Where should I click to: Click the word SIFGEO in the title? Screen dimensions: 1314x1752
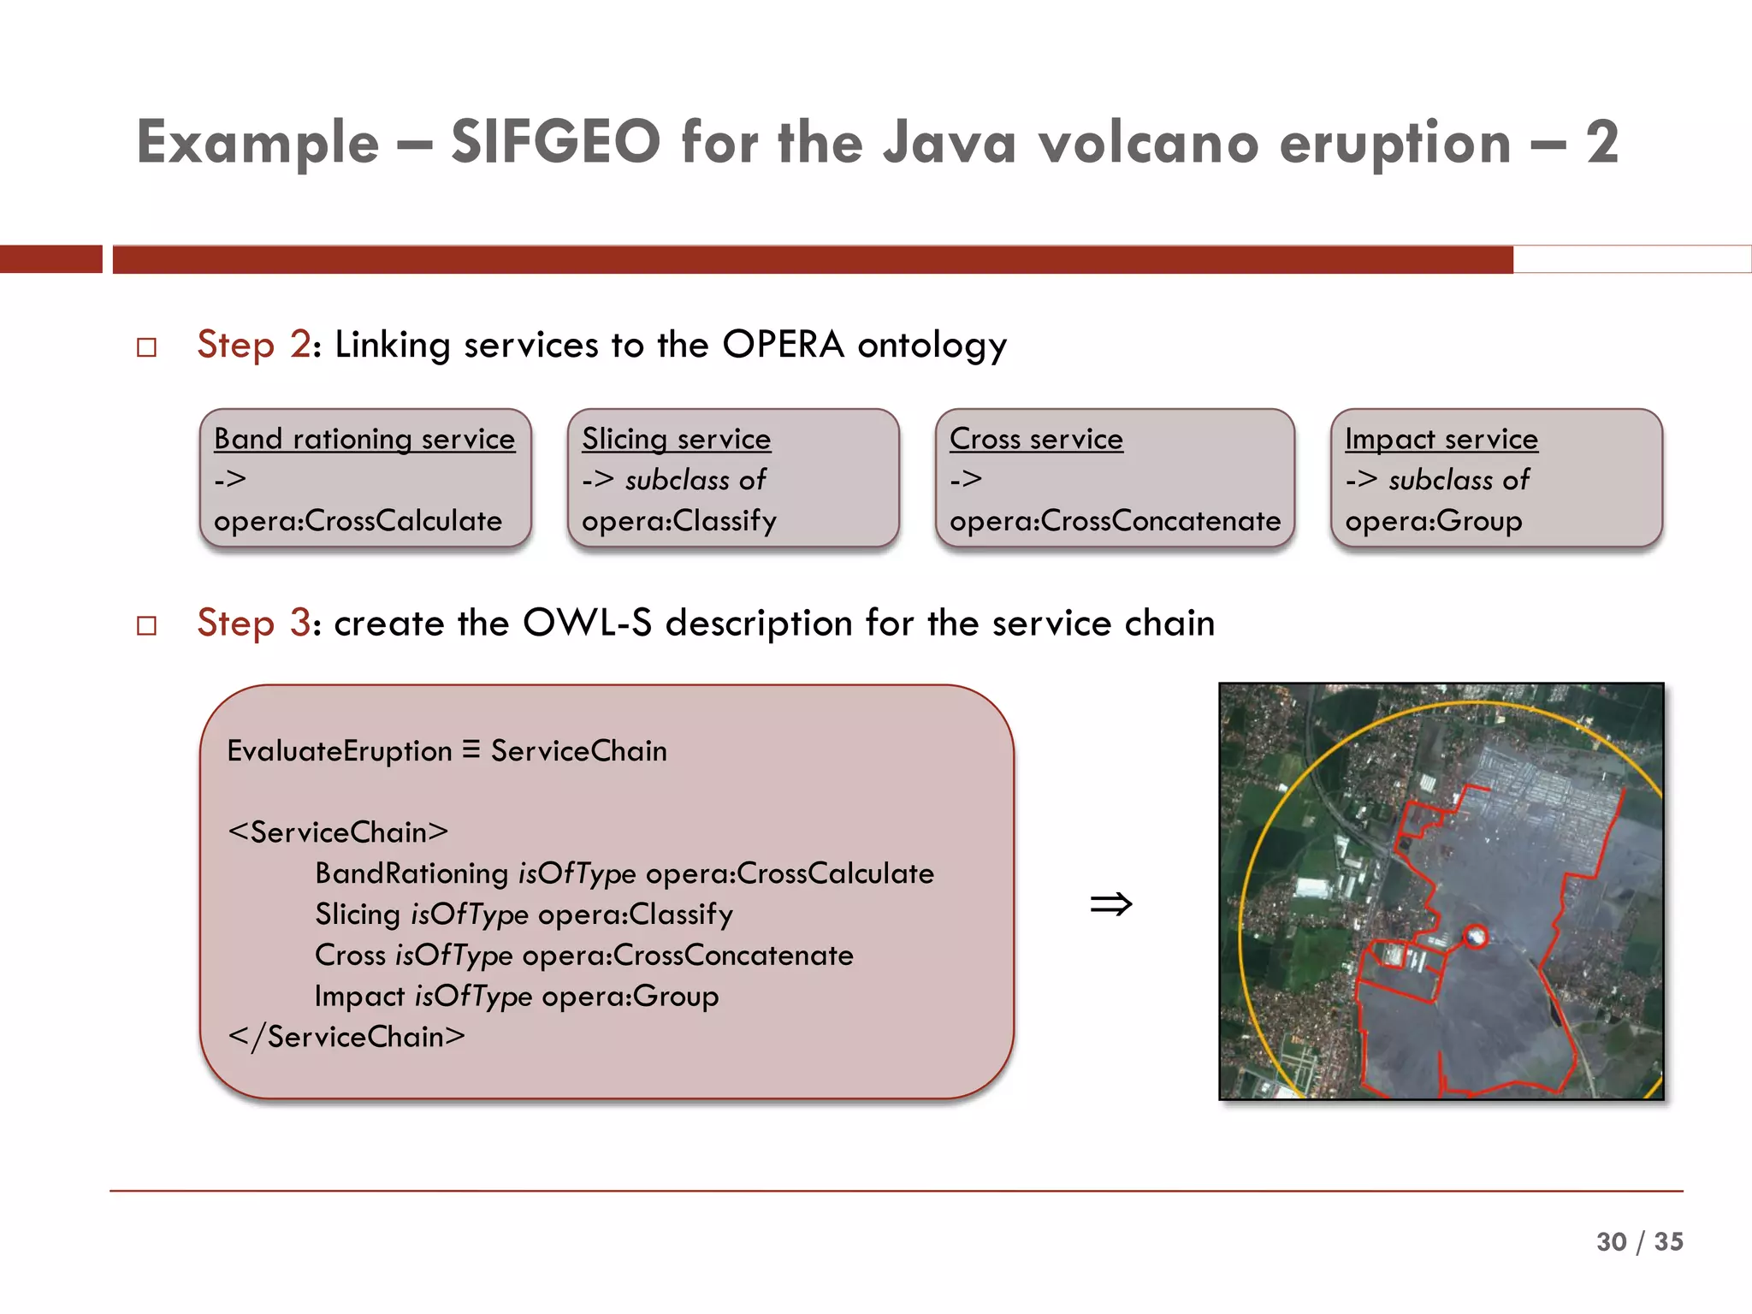click(x=555, y=142)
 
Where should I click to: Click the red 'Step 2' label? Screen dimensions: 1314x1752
click(x=253, y=345)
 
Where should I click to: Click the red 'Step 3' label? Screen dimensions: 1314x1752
click(x=253, y=623)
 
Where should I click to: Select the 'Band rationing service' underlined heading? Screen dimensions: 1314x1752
click(x=364, y=439)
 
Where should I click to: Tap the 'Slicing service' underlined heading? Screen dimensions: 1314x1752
click(x=676, y=439)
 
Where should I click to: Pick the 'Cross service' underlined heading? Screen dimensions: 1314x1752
click(x=1036, y=439)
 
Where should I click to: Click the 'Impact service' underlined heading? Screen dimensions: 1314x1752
click(x=1441, y=439)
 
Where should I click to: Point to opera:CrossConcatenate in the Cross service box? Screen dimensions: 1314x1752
click(x=1115, y=521)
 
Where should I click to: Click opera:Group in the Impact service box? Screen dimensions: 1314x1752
click(x=1433, y=521)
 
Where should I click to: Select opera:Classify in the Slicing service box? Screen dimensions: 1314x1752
click(x=679, y=521)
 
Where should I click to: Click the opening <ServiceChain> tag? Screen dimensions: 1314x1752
click(x=338, y=832)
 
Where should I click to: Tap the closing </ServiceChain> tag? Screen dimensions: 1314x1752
click(x=346, y=1037)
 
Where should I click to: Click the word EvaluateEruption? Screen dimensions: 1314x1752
click(x=339, y=751)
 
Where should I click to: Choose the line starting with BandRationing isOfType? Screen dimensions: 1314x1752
click(x=624, y=873)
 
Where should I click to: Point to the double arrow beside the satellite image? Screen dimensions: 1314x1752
click(x=1110, y=904)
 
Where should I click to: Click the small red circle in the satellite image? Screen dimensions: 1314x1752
click(x=1475, y=937)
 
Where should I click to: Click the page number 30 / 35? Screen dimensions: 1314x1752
click(x=1638, y=1241)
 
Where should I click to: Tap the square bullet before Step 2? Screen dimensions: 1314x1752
click(x=147, y=347)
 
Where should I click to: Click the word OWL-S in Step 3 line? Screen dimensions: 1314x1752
click(x=587, y=623)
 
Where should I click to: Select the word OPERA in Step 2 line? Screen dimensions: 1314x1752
click(x=783, y=345)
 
